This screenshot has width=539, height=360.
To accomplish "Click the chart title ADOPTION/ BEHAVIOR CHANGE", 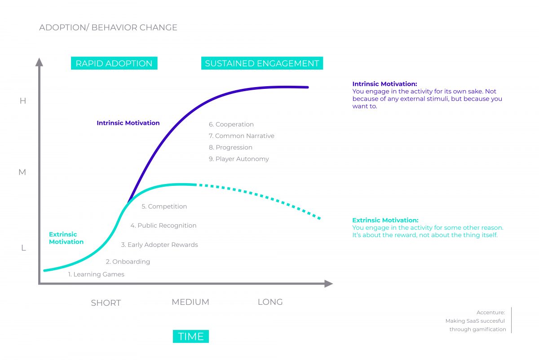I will click(x=108, y=28).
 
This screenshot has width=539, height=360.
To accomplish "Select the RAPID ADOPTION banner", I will click(x=114, y=63).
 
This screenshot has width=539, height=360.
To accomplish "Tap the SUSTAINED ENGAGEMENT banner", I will click(x=262, y=63).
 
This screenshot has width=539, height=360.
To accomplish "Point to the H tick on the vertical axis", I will click(x=23, y=101).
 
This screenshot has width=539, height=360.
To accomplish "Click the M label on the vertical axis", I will click(x=22, y=172).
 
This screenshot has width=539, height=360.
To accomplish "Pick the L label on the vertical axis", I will click(x=23, y=248).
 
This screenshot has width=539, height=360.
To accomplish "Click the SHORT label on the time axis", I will click(x=106, y=303).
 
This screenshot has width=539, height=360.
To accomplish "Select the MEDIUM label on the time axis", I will click(x=190, y=302).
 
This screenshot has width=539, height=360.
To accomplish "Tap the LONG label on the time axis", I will click(x=270, y=302).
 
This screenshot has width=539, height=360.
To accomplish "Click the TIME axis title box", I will click(x=191, y=336).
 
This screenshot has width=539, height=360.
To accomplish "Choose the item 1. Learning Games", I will click(x=96, y=274).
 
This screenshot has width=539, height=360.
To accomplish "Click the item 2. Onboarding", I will click(x=128, y=262).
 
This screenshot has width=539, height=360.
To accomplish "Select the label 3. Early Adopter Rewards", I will click(x=159, y=245).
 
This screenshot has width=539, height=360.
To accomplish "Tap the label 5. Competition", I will click(x=164, y=206).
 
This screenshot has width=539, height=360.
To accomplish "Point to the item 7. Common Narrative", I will click(x=241, y=136).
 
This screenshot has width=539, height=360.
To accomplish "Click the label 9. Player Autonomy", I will click(x=239, y=159).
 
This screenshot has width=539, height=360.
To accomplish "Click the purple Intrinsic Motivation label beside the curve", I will click(x=128, y=123).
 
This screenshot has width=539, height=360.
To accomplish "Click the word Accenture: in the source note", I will click(x=491, y=312).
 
